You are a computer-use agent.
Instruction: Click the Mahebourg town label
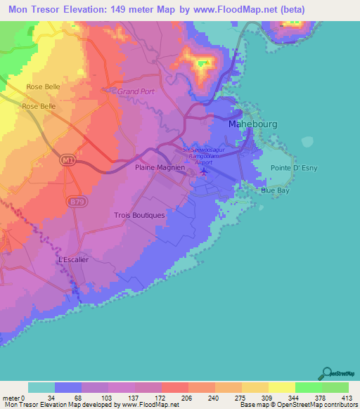[x=253, y=124]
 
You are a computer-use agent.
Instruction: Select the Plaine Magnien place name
[x=160, y=168]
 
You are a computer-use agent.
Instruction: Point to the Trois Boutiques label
[x=139, y=215]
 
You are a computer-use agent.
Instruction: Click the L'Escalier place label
[x=72, y=259]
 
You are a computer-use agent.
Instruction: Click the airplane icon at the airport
[x=204, y=171]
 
